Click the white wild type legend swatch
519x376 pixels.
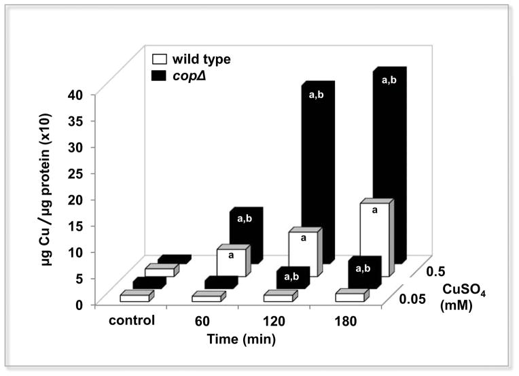click(x=156, y=59)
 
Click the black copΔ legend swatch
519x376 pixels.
click(x=156, y=74)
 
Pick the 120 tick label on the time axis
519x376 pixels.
click(x=272, y=320)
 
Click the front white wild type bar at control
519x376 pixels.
click(x=135, y=297)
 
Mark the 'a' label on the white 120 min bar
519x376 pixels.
click(x=303, y=238)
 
